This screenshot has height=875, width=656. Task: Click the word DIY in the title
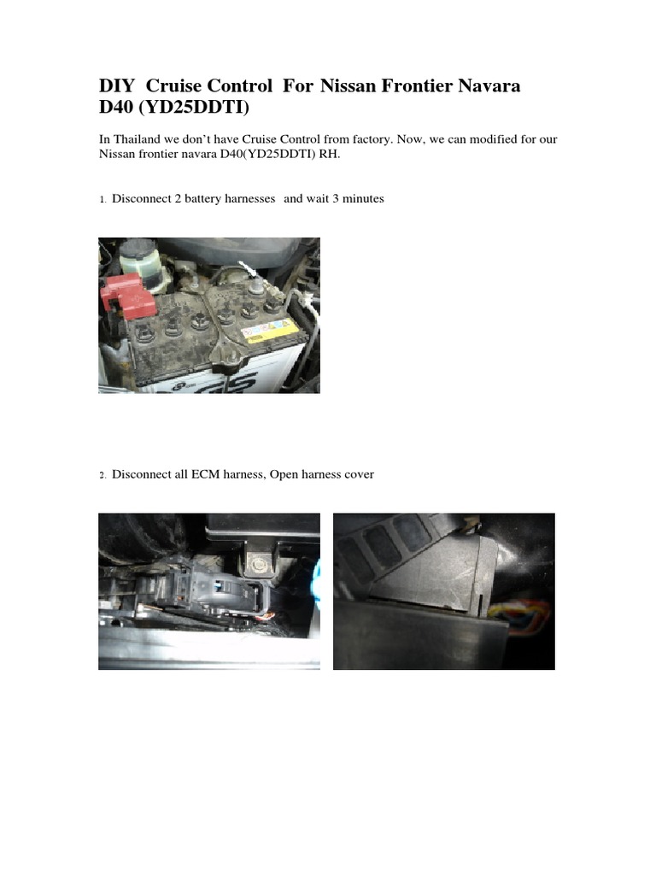click(116, 86)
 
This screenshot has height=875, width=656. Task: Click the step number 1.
click(102, 200)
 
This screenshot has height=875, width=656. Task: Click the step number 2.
click(102, 475)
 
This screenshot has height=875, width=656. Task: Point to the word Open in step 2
click(283, 474)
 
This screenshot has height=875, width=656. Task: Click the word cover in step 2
click(358, 474)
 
